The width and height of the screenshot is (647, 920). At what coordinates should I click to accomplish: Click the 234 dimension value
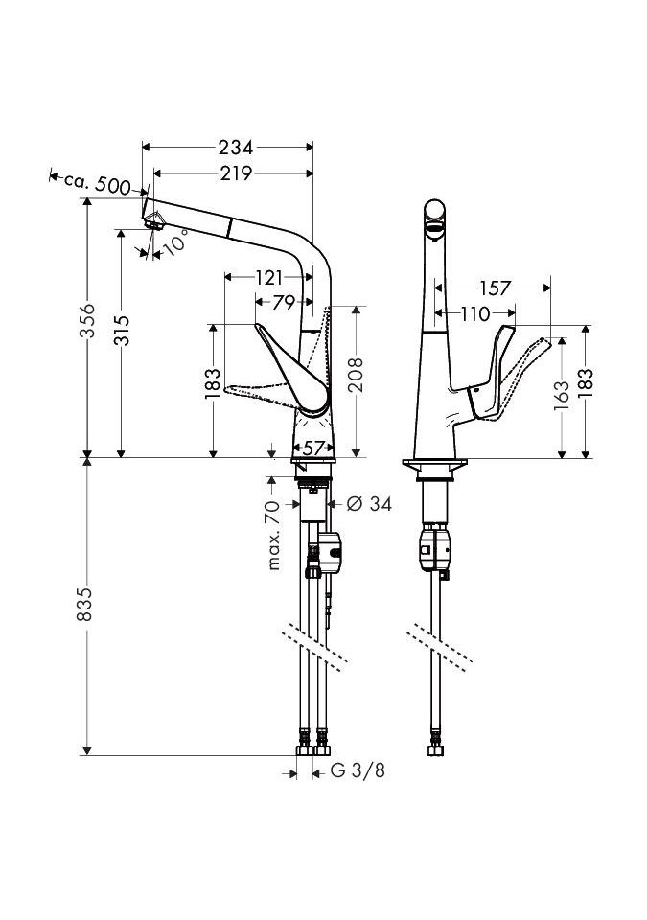pyautogui.click(x=235, y=148)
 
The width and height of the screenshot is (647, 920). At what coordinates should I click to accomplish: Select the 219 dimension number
pyautogui.click(x=235, y=173)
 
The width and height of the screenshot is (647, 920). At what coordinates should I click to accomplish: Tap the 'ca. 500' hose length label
pyautogui.click(x=97, y=183)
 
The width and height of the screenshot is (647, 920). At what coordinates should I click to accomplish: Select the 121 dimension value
pyautogui.click(x=269, y=278)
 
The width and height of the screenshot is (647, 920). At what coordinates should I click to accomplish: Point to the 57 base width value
pyautogui.click(x=313, y=448)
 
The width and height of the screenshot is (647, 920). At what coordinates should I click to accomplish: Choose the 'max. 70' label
pyautogui.click(x=275, y=535)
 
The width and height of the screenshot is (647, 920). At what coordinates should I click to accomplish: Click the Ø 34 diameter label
pyautogui.click(x=367, y=503)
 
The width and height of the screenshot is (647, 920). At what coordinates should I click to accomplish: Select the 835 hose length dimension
pyautogui.click(x=87, y=605)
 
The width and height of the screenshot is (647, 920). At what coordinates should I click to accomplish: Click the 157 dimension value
pyautogui.click(x=495, y=287)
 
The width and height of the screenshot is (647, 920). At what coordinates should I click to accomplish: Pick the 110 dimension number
pyautogui.click(x=473, y=312)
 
